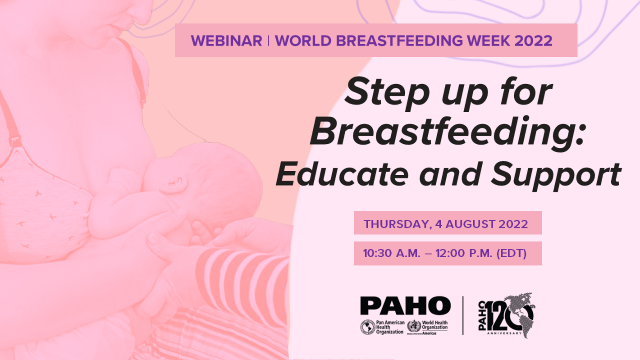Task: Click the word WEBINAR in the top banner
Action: (227, 40)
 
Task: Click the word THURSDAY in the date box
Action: (393, 224)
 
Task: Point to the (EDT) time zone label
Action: (511, 253)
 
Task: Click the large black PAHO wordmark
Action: (404, 307)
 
